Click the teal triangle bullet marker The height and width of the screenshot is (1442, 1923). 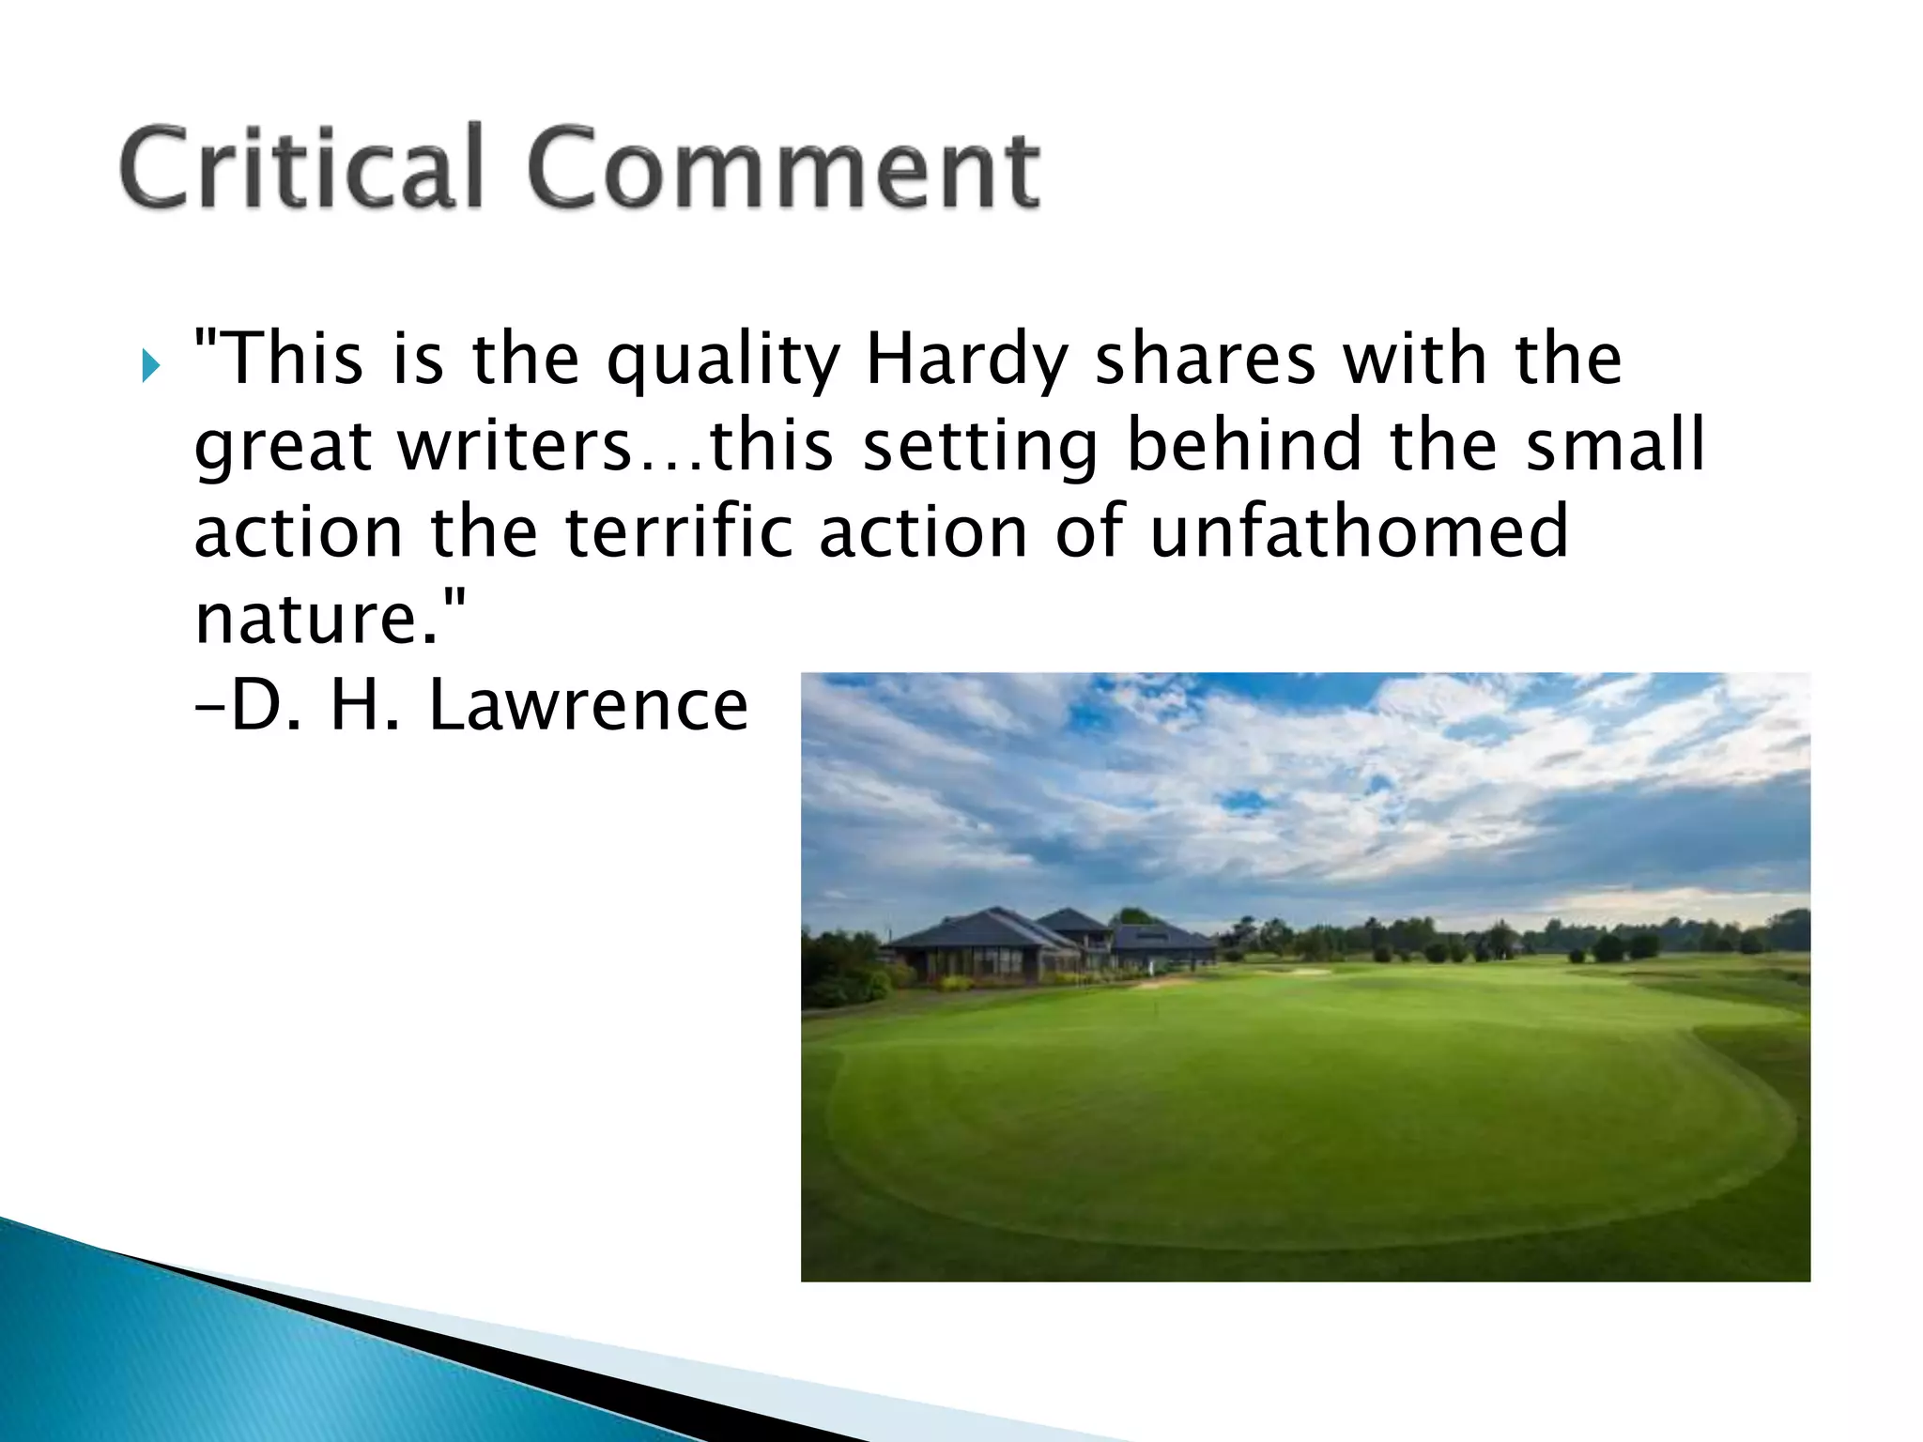151,365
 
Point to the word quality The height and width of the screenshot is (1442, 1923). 723,360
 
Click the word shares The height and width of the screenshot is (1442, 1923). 1207,360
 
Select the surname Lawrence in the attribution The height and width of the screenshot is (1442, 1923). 589,706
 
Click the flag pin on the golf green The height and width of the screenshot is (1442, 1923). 1156,1010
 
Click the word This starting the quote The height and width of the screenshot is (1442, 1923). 285,360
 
